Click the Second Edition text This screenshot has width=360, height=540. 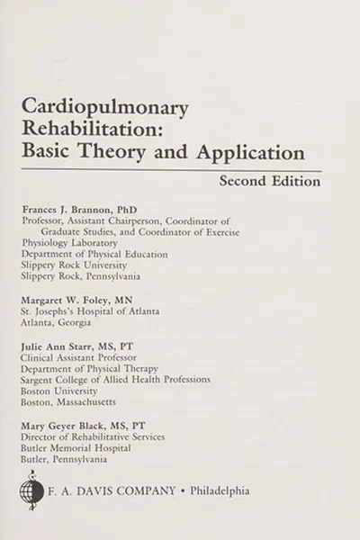click(x=269, y=181)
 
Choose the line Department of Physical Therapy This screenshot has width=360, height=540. click(x=88, y=368)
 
